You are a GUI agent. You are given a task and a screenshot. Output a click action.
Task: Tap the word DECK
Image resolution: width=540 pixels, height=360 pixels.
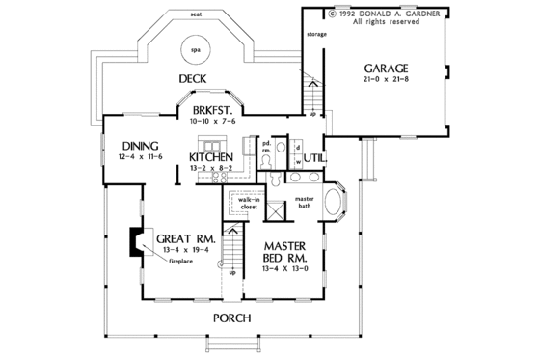click(196, 78)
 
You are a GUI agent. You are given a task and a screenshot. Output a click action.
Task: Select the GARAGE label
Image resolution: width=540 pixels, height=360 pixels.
click(386, 69)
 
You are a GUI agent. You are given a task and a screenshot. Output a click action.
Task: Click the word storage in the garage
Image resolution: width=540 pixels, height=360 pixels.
click(316, 35)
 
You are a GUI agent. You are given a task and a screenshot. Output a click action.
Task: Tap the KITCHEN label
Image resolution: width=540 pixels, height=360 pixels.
click(208, 156)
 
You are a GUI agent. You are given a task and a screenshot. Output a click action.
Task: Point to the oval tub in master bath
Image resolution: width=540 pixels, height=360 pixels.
click(337, 207)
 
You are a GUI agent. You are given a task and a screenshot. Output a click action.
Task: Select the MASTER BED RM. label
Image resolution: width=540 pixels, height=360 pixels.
click(287, 252)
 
